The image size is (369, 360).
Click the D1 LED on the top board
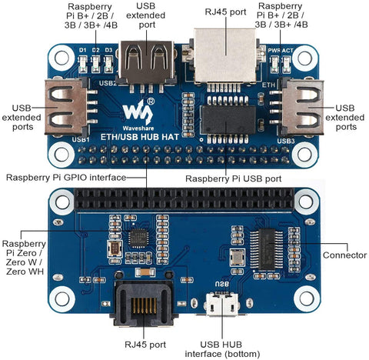click(83, 64)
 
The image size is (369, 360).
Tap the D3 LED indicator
click(108, 64)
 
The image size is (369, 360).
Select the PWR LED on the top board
click(274, 64)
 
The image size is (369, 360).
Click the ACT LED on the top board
click(286, 64)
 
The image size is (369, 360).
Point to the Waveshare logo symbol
click(138, 112)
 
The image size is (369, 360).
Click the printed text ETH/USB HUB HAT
click(140, 137)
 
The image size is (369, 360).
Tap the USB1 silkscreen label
click(81, 140)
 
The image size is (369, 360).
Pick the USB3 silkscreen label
click(286, 141)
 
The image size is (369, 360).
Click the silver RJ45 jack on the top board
click(225, 55)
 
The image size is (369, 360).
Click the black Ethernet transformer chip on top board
click(228, 119)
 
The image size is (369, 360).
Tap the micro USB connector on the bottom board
click(222, 305)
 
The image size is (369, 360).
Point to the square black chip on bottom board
click(138, 238)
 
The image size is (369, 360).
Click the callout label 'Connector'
click(344, 255)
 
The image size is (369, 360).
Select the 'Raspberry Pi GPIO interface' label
click(66, 178)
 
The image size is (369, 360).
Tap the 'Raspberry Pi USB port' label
click(233, 178)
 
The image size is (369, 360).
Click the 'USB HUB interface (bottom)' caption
click(222, 349)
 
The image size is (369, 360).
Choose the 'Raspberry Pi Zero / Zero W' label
click(24, 258)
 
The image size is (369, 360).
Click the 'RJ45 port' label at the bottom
click(145, 345)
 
